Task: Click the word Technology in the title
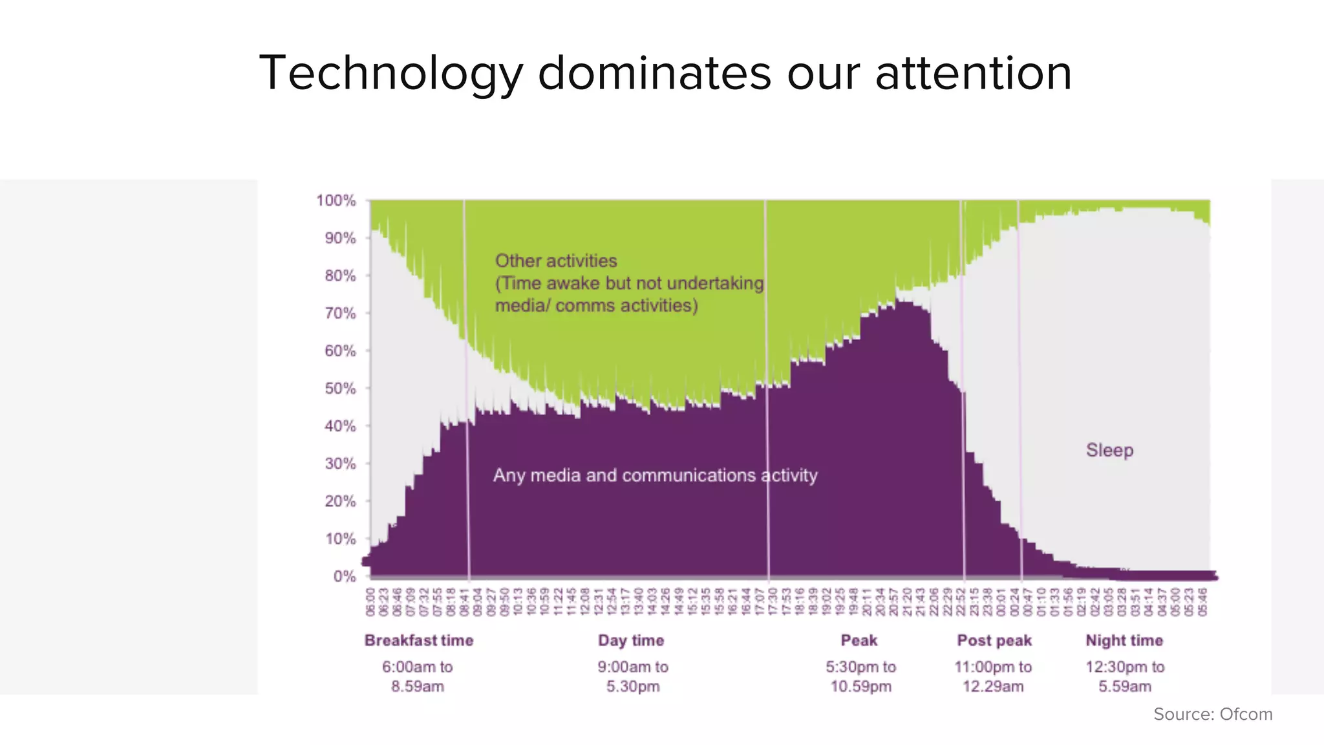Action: [x=390, y=73]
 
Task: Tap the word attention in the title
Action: [x=973, y=73]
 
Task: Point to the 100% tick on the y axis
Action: [x=336, y=200]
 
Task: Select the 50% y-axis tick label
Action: [x=340, y=389]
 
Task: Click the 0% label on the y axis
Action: [x=345, y=576]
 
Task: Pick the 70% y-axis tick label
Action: [x=340, y=314]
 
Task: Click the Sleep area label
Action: [x=1109, y=450]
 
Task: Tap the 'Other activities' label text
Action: [x=556, y=261]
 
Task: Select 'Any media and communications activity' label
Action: [x=655, y=475]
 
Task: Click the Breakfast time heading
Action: [x=419, y=640]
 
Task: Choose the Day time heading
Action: [x=631, y=640]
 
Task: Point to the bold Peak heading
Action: [x=859, y=640]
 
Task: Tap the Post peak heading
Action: [x=994, y=640]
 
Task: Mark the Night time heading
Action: [x=1124, y=640]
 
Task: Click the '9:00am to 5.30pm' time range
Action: [x=633, y=676]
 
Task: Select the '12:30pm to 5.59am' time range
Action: [x=1125, y=676]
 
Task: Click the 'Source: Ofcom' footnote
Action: [x=1213, y=714]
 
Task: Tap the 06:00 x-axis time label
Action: [x=370, y=601]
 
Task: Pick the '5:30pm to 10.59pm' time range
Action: [x=860, y=676]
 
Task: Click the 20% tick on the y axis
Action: [x=340, y=501]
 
